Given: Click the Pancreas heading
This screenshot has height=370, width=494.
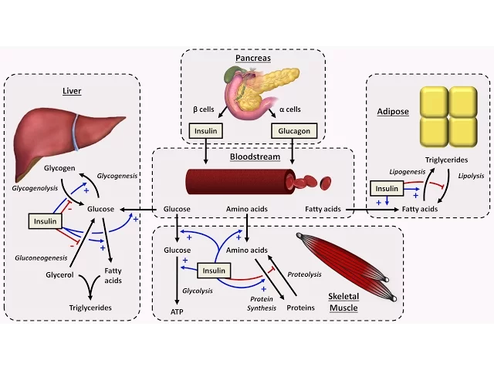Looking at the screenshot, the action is [252, 59].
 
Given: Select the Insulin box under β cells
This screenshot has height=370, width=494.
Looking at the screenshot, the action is [206, 131].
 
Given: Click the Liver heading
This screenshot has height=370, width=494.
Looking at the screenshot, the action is [72, 91].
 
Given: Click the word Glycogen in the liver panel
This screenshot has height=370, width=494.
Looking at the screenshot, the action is [59, 167].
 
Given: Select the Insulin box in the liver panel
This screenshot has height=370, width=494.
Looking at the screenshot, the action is [43, 221].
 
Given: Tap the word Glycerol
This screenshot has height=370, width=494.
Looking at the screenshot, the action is [59, 273].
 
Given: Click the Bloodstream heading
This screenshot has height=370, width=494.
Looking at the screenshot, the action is [253, 157].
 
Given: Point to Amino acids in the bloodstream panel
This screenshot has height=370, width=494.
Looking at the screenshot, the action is [247, 209].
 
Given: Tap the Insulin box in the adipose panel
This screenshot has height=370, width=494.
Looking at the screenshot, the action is [386, 188].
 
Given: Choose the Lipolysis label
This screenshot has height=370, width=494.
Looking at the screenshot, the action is [471, 176].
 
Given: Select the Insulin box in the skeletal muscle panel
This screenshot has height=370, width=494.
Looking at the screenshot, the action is [214, 271].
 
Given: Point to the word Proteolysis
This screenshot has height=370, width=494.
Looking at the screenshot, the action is [304, 274].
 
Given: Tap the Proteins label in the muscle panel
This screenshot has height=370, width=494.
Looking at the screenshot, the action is [300, 308].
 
